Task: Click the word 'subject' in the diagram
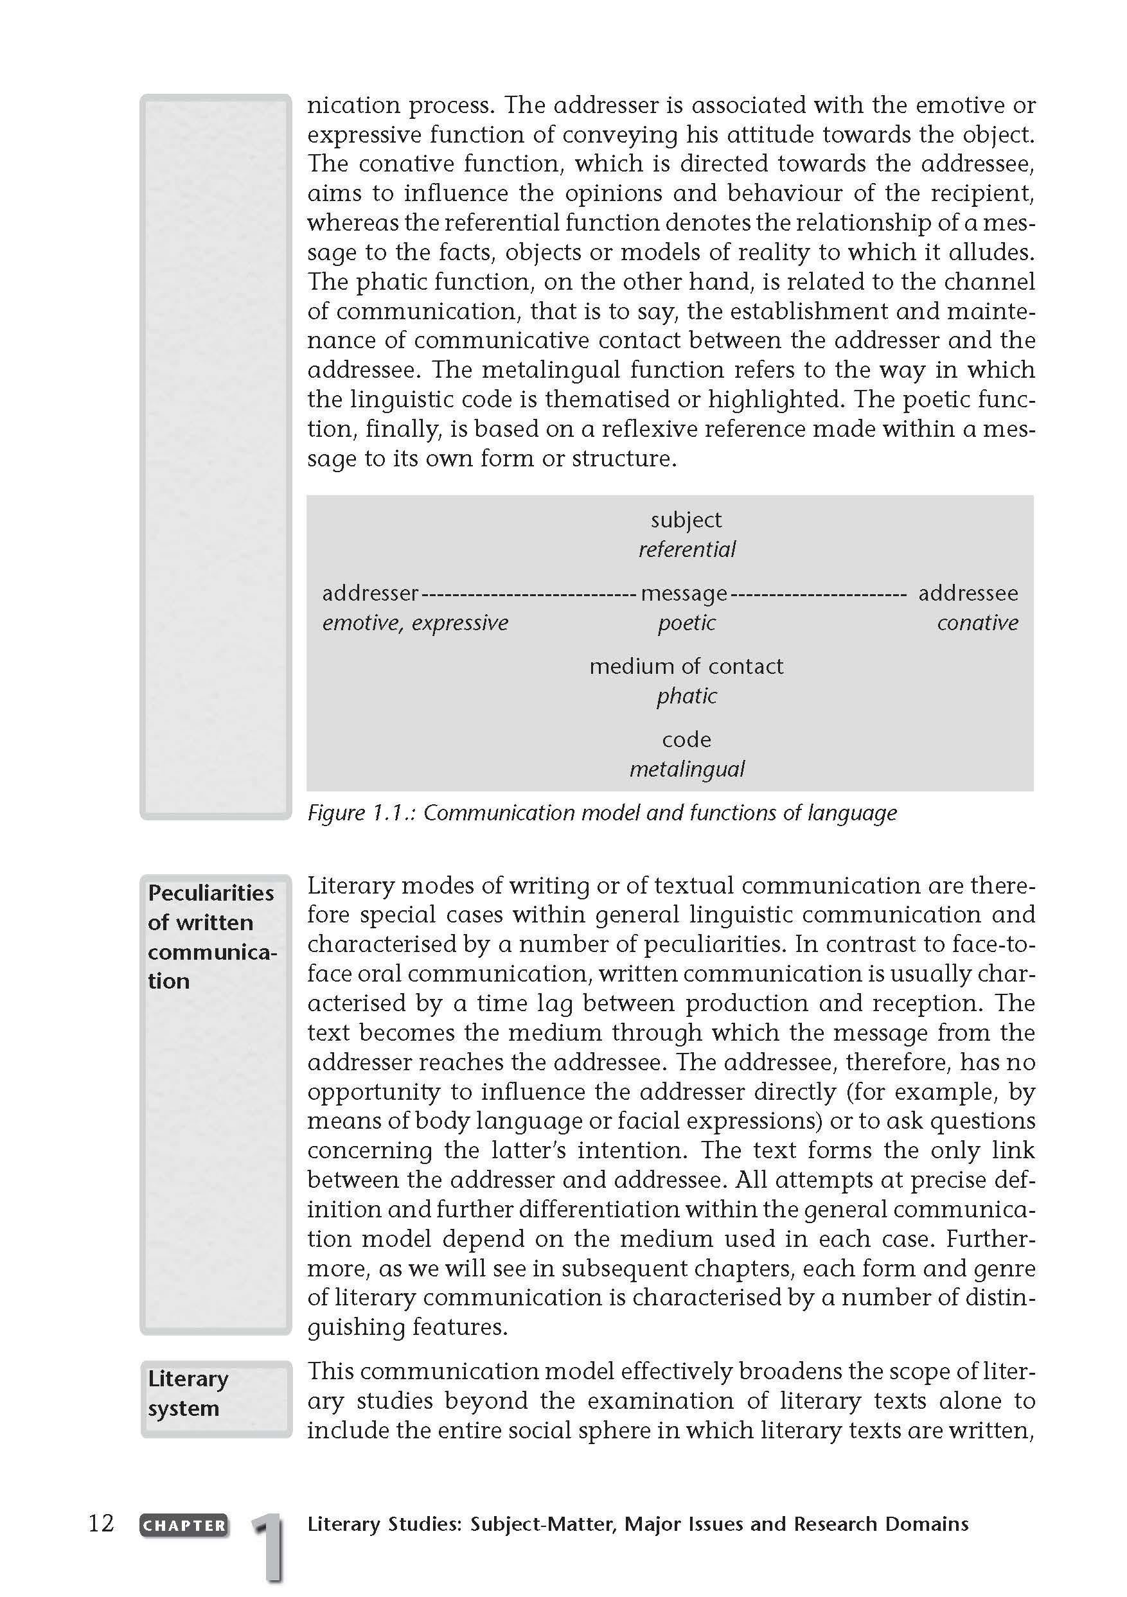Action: click(x=686, y=520)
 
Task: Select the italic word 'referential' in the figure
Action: click(x=687, y=549)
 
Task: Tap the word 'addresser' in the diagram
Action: click(x=370, y=594)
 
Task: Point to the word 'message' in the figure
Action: click(x=684, y=594)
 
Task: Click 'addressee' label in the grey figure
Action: click(x=968, y=594)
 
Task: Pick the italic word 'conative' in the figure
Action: click(x=977, y=622)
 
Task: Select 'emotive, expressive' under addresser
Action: click(x=414, y=622)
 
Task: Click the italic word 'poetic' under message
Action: click(x=687, y=622)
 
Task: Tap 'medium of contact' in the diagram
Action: click(x=686, y=666)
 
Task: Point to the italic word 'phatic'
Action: click(x=687, y=696)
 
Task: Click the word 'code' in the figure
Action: click(x=686, y=739)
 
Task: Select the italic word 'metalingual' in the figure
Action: click(x=687, y=770)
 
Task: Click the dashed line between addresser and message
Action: click(x=529, y=595)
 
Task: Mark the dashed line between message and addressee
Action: click(x=819, y=595)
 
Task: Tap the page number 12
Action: click(x=101, y=1523)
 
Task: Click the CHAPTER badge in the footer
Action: click(x=184, y=1524)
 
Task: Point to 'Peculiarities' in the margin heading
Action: click(x=211, y=892)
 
